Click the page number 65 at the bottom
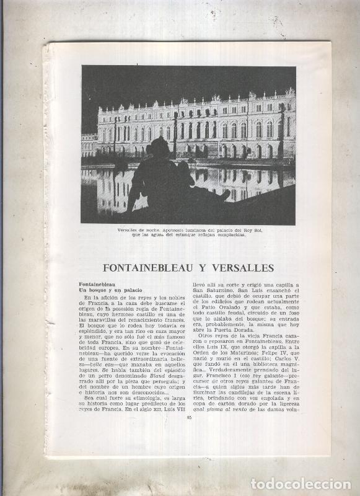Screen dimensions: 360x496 188,434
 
